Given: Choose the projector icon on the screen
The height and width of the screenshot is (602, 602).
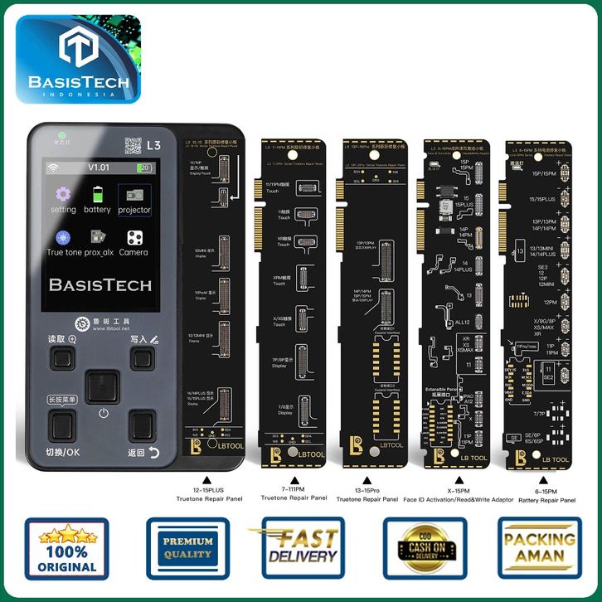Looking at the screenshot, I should (x=134, y=195).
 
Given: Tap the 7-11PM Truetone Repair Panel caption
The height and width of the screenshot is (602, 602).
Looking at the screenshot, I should (x=291, y=495).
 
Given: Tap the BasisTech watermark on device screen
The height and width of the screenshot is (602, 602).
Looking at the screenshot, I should (x=100, y=285).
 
